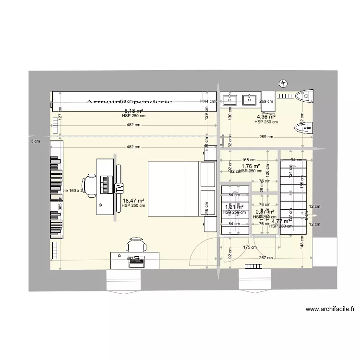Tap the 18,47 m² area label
134,201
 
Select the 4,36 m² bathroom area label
266,117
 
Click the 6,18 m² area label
134,110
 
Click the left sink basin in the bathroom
229,100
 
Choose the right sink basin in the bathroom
249,100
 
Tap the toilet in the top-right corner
303,96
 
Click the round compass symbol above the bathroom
284,84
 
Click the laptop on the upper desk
105,183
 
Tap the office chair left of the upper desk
90,183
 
